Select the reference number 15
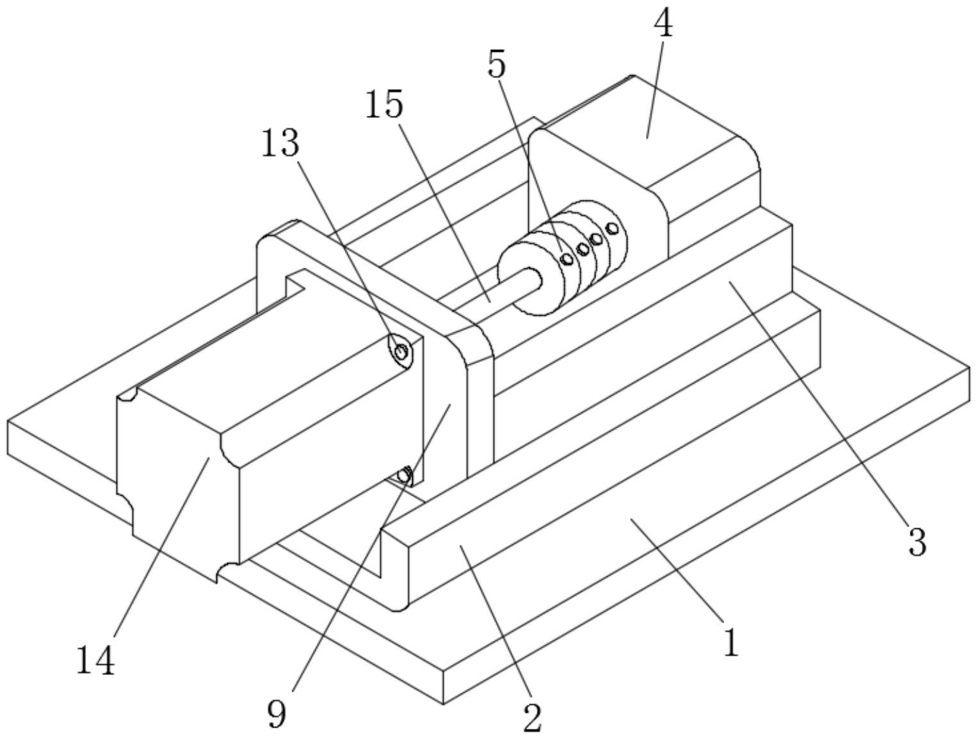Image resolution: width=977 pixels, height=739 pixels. (384, 104)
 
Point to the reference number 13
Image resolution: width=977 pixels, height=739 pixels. (280, 144)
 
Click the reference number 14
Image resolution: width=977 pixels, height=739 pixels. (95, 661)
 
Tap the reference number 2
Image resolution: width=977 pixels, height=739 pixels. (532, 717)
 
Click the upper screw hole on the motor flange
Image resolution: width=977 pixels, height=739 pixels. (401, 351)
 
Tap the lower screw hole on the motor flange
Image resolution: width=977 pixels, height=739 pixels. (404, 475)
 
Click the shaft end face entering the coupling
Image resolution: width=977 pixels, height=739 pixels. (534, 280)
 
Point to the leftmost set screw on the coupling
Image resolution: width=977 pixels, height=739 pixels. (567, 259)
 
